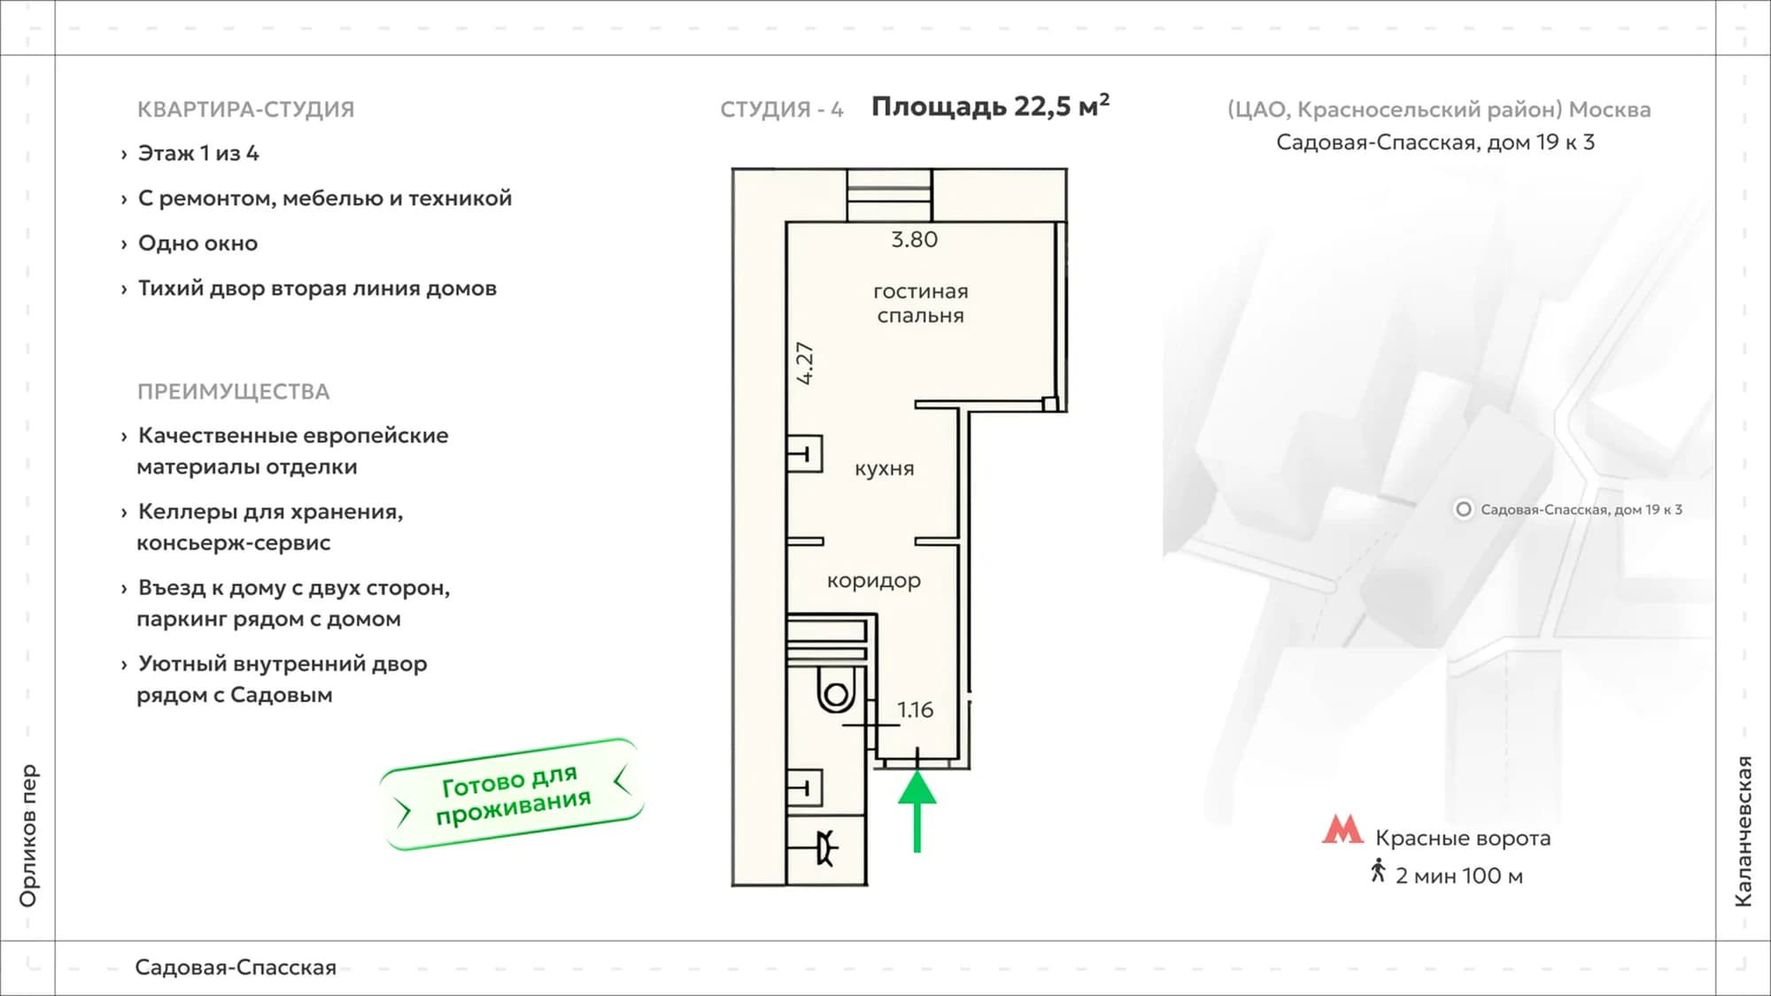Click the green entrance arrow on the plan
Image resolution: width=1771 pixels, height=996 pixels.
click(916, 810)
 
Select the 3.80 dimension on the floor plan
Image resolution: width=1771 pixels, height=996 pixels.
click(914, 239)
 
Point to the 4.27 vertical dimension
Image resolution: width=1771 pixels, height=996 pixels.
click(804, 363)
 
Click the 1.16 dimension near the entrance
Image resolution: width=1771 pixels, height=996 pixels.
click(915, 709)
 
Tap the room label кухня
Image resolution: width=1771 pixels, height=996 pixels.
click(884, 468)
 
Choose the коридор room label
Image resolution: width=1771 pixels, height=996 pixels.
click(874, 581)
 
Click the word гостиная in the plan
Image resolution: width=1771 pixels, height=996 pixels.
click(921, 291)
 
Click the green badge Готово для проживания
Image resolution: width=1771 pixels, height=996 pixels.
click(513, 794)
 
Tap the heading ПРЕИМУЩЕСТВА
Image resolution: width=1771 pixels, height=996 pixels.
click(233, 391)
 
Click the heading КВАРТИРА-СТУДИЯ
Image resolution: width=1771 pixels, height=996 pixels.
click(245, 109)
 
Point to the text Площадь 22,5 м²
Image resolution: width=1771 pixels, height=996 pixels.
click(990, 105)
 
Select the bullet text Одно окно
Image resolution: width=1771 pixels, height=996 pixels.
click(197, 243)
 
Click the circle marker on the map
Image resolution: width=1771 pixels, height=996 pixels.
click(1464, 509)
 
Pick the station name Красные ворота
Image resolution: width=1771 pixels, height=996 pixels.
click(1463, 838)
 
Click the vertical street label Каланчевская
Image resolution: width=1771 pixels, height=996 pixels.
click(1744, 830)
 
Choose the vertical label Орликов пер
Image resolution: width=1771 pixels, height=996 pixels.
click(28, 836)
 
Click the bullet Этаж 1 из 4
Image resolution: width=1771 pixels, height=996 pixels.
click(198, 153)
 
